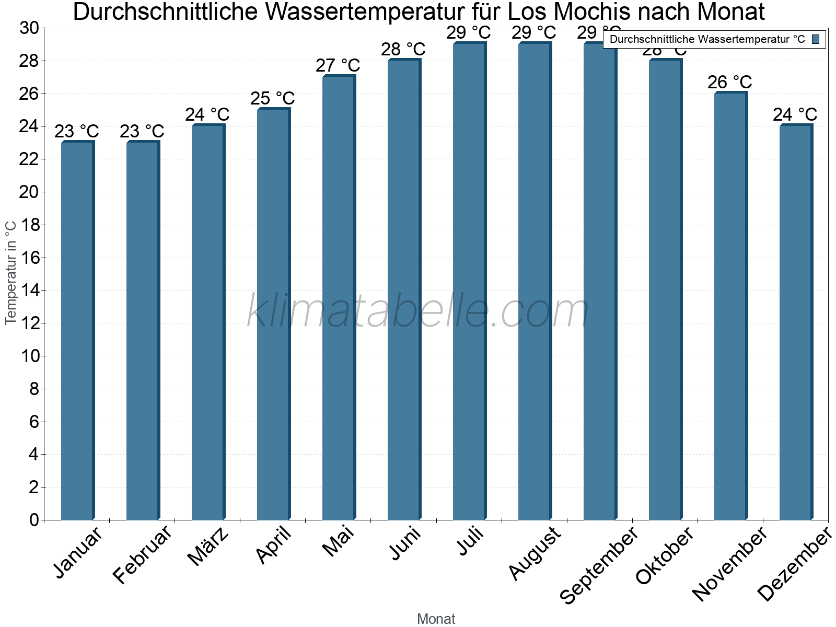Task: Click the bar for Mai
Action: [x=339, y=298]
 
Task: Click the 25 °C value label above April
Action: [x=273, y=98]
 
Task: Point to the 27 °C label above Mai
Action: [x=338, y=66]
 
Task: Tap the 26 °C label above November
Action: [x=730, y=82]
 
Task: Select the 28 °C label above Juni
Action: [x=403, y=50]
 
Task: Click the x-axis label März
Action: [x=208, y=547]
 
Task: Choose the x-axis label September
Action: [x=599, y=564]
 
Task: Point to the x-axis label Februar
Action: [x=142, y=554]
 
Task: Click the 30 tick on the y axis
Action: [x=29, y=28]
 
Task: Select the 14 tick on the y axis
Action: [x=29, y=291]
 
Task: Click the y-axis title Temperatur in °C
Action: [x=11, y=272]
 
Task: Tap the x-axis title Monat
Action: [x=436, y=619]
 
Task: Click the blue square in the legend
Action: [x=816, y=39]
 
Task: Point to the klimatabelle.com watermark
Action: [x=418, y=311]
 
